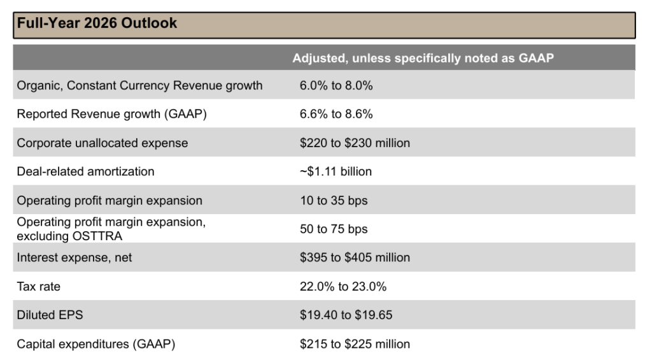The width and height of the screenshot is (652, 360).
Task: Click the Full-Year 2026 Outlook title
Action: pyautogui.click(x=97, y=24)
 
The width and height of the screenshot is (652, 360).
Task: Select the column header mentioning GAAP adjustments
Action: pyautogui.click(x=423, y=58)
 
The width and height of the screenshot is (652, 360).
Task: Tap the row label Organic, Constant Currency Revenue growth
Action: pyautogui.click(x=139, y=85)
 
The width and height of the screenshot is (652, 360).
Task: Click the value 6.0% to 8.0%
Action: pyautogui.click(x=336, y=85)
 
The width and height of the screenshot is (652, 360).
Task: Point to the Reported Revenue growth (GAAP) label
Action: pyautogui.click(x=111, y=114)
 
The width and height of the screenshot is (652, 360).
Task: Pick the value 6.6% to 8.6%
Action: pyautogui.click(x=336, y=114)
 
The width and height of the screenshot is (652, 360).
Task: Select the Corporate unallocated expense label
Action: pyautogui.click(x=103, y=143)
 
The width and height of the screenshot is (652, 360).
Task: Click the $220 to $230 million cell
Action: pyautogui.click(x=355, y=143)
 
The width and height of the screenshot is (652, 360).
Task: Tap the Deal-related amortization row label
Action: pyautogui.click(x=85, y=171)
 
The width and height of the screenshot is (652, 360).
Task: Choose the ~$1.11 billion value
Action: pyautogui.click(x=336, y=171)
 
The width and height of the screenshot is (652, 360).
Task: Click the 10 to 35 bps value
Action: pyautogui.click(x=334, y=200)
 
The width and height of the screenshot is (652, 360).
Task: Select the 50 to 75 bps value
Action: pyautogui.click(x=334, y=229)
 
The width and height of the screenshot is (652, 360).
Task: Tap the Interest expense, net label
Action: pyautogui.click(x=74, y=257)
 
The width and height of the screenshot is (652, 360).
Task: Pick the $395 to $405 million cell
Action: pyautogui.click(x=355, y=257)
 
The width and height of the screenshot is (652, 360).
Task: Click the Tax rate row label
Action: pyautogui.click(x=39, y=287)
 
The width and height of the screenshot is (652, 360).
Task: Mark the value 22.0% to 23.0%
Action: pyautogui.click(x=343, y=287)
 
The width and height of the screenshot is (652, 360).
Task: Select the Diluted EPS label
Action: pyautogui.click(x=50, y=315)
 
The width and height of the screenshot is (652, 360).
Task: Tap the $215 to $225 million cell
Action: pyautogui.click(x=355, y=344)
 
